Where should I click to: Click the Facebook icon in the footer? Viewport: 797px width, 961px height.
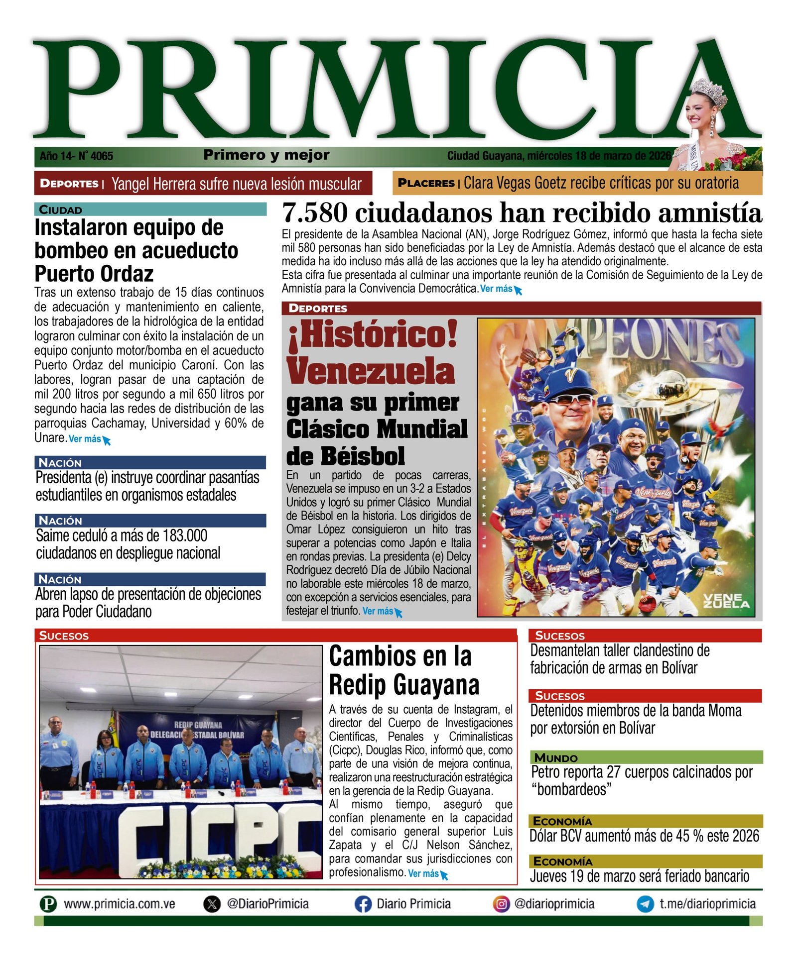363,904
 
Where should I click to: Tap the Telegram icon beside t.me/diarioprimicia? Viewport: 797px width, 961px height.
645,904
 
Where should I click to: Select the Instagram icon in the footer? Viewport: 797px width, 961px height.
501,904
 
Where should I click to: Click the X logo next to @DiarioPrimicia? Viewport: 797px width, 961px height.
212,904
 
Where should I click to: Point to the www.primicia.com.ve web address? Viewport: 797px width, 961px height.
119,904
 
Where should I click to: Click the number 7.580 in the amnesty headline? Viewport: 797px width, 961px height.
314,213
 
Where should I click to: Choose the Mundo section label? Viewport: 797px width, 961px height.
556,757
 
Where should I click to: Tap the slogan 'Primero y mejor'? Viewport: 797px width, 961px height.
266,155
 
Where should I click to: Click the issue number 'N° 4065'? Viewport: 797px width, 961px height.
96,156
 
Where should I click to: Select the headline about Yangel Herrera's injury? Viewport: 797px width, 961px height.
236,184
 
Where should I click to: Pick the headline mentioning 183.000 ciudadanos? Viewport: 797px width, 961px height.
128,544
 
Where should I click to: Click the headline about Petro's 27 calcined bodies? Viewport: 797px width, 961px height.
642,780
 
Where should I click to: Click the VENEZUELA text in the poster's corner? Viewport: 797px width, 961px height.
726,601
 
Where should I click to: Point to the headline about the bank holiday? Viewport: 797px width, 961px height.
639,876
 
